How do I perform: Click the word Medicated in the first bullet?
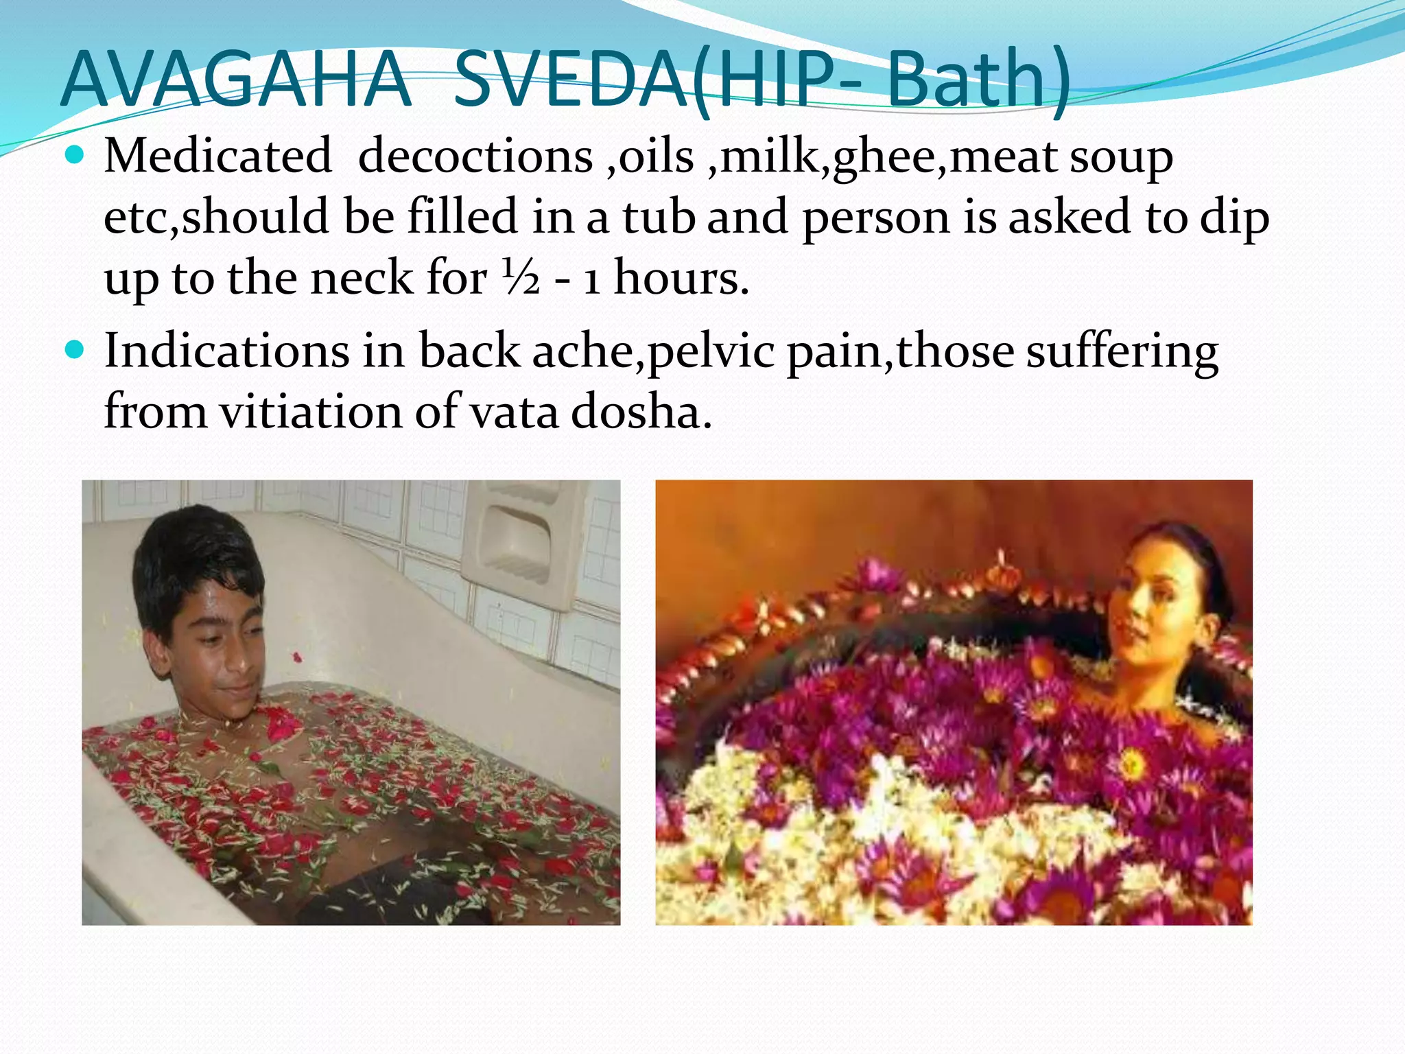coord(217,156)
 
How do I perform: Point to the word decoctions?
coord(475,156)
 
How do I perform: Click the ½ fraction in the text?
coord(521,279)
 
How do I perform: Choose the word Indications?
coord(227,351)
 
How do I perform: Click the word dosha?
coord(641,412)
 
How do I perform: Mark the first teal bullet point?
coord(73,155)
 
